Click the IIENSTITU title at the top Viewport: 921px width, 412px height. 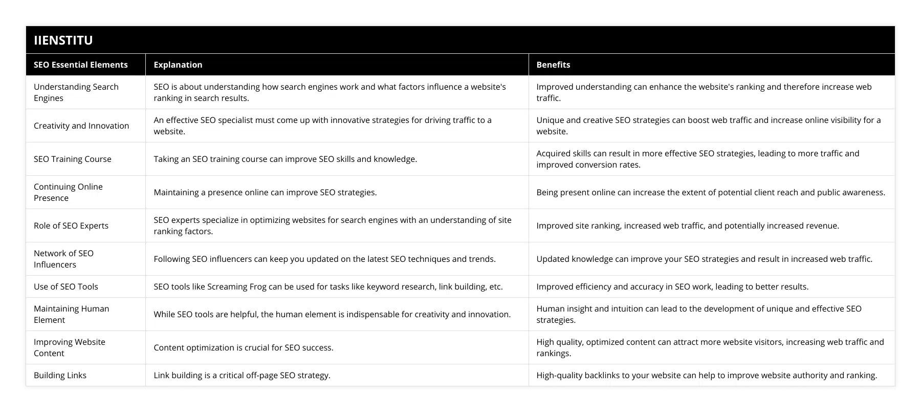63,40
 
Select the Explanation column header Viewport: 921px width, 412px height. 178,65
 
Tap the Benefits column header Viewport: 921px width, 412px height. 553,65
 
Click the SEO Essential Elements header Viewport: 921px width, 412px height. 80,65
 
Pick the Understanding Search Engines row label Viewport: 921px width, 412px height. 76,92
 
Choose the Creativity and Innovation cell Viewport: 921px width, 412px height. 81,126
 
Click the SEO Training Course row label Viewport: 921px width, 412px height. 72,159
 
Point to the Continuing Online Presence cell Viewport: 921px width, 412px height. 68,192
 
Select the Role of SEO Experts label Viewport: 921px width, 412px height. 71,225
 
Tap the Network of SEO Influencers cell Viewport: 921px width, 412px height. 63,259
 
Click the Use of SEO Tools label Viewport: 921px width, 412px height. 65,286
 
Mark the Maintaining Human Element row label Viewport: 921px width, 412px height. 71,314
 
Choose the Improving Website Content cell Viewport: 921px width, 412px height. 69,347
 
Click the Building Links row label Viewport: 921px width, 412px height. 60,375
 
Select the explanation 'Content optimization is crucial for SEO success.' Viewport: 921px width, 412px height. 243,347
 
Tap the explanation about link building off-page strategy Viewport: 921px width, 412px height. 242,375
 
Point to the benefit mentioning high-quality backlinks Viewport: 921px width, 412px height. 706,375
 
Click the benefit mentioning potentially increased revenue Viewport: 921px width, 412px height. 687,225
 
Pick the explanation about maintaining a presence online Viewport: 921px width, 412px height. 265,192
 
